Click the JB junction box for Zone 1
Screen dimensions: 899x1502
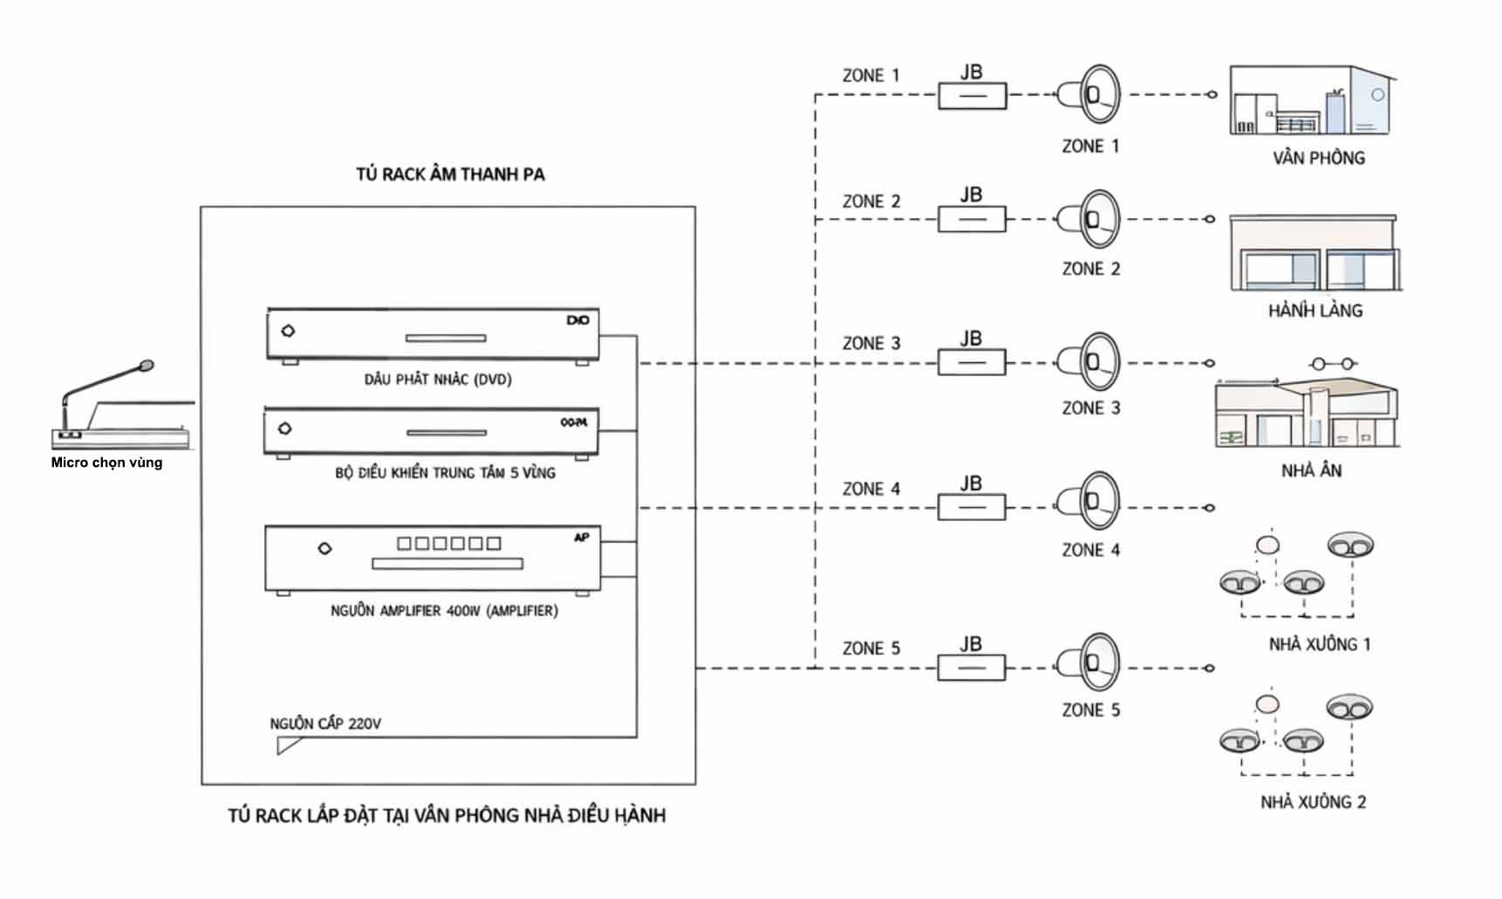(x=972, y=95)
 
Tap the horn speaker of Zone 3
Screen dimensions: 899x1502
(x=1089, y=361)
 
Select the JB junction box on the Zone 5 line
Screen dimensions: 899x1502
(x=972, y=669)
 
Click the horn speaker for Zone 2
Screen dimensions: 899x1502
(x=1089, y=219)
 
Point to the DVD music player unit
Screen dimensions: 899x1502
(x=433, y=335)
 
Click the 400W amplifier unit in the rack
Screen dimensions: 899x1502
(x=433, y=559)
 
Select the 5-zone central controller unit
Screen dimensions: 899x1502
(x=432, y=431)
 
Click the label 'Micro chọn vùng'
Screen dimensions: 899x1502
(x=106, y=463)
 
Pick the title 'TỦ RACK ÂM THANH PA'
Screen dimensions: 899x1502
(x=450, y=175)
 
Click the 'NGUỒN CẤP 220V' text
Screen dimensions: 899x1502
(x=325, y=724)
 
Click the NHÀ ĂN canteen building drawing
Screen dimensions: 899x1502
(x=1307, y=412)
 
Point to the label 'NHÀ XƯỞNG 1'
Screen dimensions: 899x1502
(x=1319, y=645)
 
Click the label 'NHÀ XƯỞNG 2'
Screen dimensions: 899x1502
(x=1313, y=802)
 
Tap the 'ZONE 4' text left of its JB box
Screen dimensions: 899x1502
(x=870, y=489)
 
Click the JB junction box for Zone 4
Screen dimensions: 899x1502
(x=972, y=507)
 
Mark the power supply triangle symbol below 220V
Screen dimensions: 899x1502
(x=288, y=745)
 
